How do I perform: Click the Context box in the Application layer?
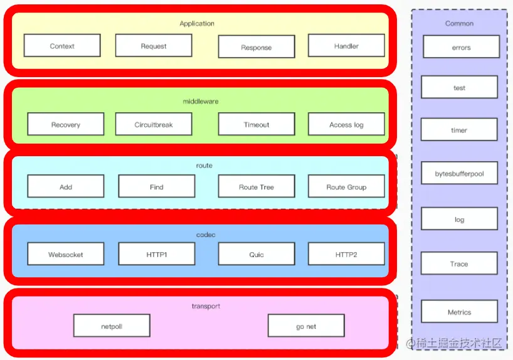pyautogui.click(x=62, y=46)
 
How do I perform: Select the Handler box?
pyautogui.click(x=346, y=46)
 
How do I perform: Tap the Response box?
pyautogui.click(x=256, y=47)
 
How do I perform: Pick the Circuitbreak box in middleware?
pyautogui.click(x=154, y=124)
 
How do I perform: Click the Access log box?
pyautogui.click(x=346, y=124)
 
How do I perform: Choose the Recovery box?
pyautogui.click(x=66, y=124)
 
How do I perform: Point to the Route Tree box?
pyautogui.click(x=256, y=186)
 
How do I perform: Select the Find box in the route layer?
pyautogui.click(x=157, y=186)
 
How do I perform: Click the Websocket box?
pyautogui.click(x=66, y=254)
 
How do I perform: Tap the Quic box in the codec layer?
pyautogui.click(x=256, y=254)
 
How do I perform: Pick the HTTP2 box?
pyautogui.click(x=346, y=254)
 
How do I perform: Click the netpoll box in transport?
pyautogui.click(x=112, y=326)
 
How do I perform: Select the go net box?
pyautogui.click(x=306, y=326)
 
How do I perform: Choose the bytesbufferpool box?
pyautogui.click(x=460, y=173)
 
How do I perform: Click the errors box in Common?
pyautogui.click(x=462, y=47)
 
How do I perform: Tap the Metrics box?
pyautogui.click(x=460, y=312)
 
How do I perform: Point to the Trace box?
pyautogui.click(x=459, y=263)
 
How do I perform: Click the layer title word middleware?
pyautogui.click(x=201, y=101)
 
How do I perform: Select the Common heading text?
pyautogui.click(x=460, y=23)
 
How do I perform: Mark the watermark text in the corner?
pyautogui.click(x=455, y=343)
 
